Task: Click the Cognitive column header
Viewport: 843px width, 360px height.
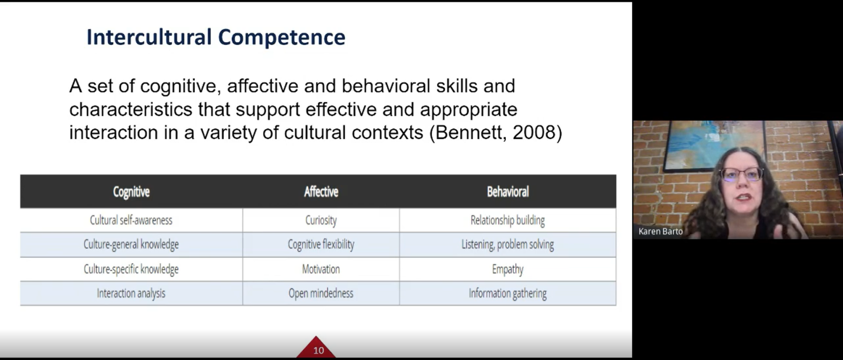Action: point(131,192)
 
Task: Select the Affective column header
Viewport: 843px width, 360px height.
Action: point(321,192)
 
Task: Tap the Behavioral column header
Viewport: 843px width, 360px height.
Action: point(508,192)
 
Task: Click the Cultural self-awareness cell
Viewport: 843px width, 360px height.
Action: point(131,220)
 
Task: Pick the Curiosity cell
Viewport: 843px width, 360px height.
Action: point(321,220)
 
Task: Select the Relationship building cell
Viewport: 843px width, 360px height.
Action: point(508,220)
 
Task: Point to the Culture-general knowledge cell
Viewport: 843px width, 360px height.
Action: point(131,245)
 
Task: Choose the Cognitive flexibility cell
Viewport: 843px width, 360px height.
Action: point(321,245)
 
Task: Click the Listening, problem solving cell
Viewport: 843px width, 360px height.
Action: point(508,245)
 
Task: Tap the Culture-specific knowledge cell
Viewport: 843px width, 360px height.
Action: point(131,269)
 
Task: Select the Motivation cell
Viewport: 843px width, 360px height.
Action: point(321,269)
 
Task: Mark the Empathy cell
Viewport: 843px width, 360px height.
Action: point(508,269)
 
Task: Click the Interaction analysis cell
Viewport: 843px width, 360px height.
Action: point(131,294)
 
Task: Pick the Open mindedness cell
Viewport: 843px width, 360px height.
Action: point(321,294)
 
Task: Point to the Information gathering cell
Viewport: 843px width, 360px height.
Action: point(508,294)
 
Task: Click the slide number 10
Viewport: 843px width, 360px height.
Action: point(318,351)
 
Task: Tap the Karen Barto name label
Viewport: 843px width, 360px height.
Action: point(661,231)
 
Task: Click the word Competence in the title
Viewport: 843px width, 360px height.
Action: point(281,37)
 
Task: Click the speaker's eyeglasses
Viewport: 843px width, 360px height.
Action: point(741,174)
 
